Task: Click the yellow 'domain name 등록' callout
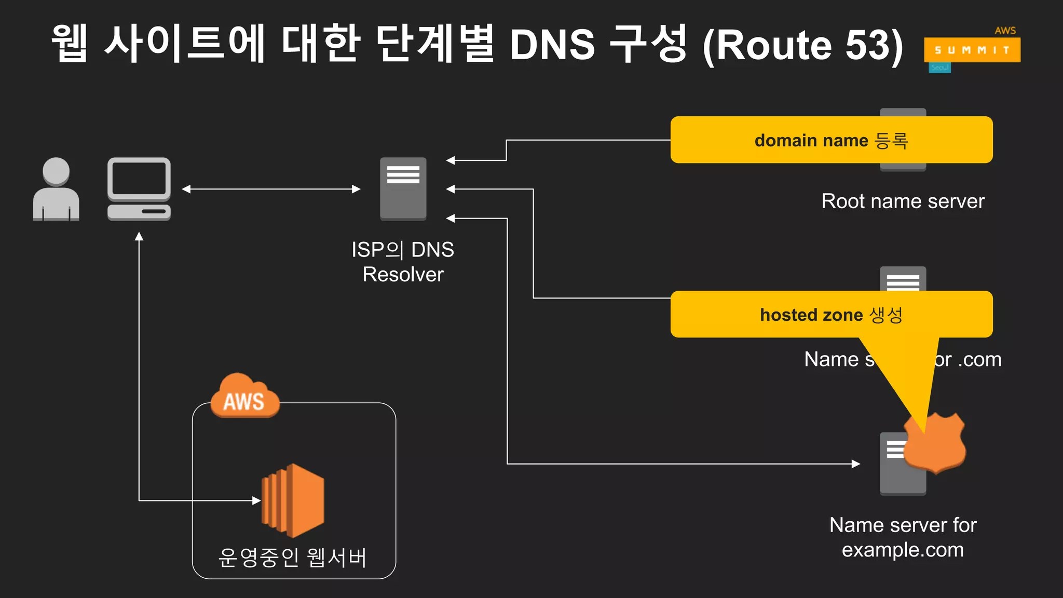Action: point(831,140)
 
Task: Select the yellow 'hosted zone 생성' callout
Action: point(831,315)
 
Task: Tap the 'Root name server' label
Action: point(903,201)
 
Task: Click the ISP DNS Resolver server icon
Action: point(403,189)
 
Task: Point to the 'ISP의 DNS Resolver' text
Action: point(403,262)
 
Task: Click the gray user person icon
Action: point(56,189)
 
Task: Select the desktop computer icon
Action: point(139,189)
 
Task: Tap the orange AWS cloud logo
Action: point(244,397)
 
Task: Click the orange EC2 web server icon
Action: point(294,500)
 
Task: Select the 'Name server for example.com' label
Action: point(903,537)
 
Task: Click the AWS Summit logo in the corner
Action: point(972,50)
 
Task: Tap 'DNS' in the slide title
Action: point(552,45)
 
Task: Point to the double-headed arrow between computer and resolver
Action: point(271,189)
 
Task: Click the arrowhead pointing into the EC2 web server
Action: point(256,500)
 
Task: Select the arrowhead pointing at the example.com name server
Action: point(856,464)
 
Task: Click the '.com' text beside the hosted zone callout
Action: point(979,359)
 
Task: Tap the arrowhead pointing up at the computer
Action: point(139,237)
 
